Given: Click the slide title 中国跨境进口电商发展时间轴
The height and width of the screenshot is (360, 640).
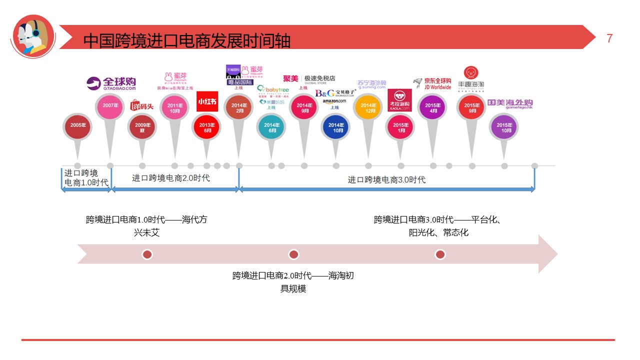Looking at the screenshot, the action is pyautogui.click(x=186, y=40).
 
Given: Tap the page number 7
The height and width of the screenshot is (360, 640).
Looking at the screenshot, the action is pyautogui.click(x=609, y=38).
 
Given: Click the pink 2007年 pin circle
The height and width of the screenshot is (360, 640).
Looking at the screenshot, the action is pyautogui.click(x=110, y=106).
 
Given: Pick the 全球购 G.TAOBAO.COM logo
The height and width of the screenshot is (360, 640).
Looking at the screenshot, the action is pyautogui.click(x=111, y=83).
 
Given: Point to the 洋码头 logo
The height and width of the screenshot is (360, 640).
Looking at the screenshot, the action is pyautogui.click(x=142, y=105).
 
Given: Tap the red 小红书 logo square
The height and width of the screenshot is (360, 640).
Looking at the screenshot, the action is pyautogui.click(x=206, y=101).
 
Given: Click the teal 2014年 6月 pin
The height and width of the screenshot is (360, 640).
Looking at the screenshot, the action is pyautogui.click(x=270, y=127).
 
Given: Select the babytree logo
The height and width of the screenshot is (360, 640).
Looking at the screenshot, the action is pyautogui.click(x=273, y=90).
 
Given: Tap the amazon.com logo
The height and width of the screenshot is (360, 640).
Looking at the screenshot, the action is pyautogui.click(x=334, y=101).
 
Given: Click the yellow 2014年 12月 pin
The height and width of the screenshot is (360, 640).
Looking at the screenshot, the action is pyautogui.click(x=368, y=108).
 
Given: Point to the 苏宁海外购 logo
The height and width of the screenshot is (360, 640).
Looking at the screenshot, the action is pyautogui.click(x=372, y=83).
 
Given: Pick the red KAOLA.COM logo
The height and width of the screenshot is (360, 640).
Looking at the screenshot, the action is pyautogui.click(x=399, y=100).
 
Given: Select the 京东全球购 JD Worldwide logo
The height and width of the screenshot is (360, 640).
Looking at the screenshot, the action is pyautogui.click(x=432, y=83).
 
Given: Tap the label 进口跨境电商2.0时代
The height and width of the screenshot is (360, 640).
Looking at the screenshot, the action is pyautogui.click(x=171, y=177).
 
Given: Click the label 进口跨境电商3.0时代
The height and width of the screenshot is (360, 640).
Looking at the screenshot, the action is pyautogui.click(x=386, y=179).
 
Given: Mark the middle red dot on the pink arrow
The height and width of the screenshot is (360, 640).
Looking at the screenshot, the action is pyautogui.click(x=293, y=254).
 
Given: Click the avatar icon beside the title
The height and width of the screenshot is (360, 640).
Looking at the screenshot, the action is pyautogui.click(x=33, y=36).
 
